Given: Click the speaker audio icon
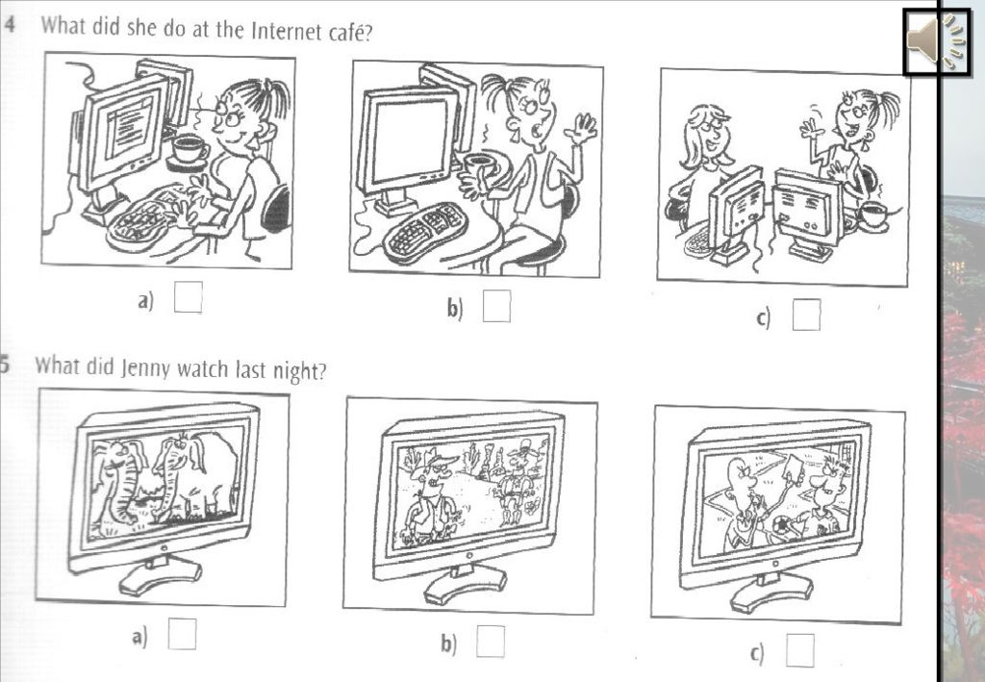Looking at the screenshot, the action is tap(935, 41).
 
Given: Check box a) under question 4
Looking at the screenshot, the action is tap(188, 297).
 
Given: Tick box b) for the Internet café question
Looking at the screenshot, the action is tap(496, 306).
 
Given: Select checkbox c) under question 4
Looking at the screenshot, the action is tap(806, 314).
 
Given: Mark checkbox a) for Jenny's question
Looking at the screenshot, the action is tap(182, 634).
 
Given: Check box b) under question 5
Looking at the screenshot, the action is tap(490, 642).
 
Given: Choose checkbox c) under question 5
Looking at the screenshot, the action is tap(799, 649).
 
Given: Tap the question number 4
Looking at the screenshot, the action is tap(10, 24).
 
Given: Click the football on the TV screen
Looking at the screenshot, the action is tap(783, 526).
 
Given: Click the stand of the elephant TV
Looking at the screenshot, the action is tap(161, 574).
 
